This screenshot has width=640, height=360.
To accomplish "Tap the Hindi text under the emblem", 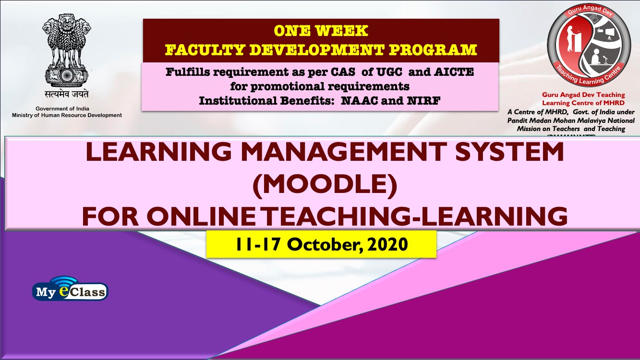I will pos(67,94).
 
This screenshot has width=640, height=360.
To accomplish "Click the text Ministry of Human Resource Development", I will pos(67,115).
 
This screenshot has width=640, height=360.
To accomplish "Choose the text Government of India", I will pos(62,108).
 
